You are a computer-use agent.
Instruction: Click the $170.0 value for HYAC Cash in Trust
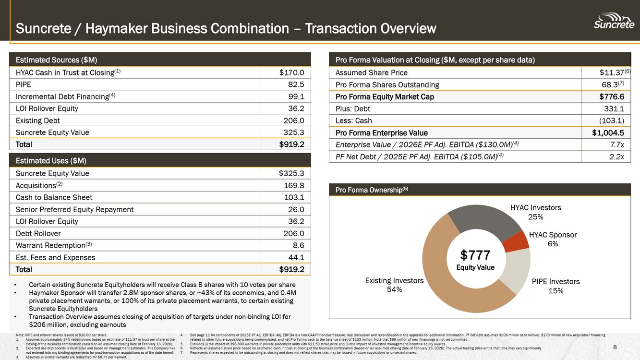[291, 72]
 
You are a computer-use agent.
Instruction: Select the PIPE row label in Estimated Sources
[24, 84]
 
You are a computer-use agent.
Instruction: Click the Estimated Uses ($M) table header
[51, 160]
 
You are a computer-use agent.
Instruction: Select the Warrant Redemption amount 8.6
[298, 245]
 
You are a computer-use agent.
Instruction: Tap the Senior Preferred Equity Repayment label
[74, 209]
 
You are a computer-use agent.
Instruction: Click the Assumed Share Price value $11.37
[611, 72]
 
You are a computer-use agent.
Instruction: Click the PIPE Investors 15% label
[555, 286]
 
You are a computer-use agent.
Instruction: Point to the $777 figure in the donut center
[475, 255]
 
